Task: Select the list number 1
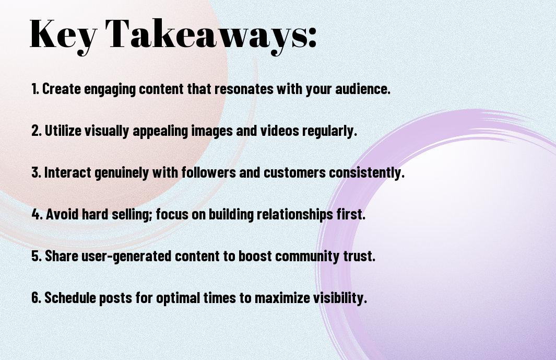coord(35,89)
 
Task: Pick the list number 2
coord(36,131)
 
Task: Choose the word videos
coord(280,131)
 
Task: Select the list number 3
coord(36,172)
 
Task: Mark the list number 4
coord(37,214)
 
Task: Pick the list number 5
coord(36,256)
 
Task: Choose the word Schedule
coord(69,297)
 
